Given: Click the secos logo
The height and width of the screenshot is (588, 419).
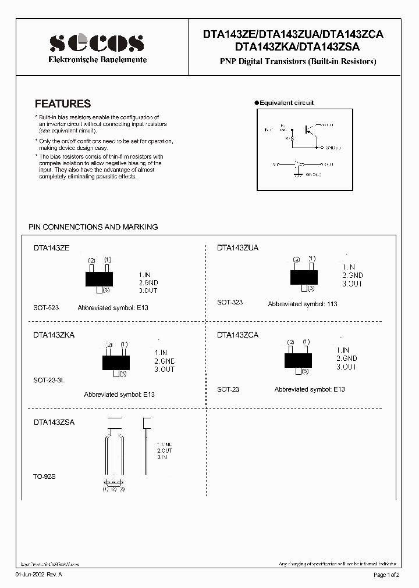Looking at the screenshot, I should coord(97,43).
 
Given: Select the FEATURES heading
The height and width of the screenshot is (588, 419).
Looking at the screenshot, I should coord(63,104).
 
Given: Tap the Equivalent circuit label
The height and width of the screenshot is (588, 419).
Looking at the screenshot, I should coord(286,103).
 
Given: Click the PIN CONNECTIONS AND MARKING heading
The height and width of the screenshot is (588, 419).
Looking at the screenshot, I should coord(93,227).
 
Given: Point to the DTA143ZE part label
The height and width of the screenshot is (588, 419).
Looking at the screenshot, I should coord(51,248).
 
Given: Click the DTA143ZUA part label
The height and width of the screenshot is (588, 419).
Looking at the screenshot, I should coord(237,248).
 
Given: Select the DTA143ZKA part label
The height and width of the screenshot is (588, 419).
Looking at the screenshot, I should coord(54,335).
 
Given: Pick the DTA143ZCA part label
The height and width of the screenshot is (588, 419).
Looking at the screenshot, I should coord(237,335).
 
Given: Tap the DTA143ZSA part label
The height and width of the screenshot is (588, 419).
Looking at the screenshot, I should coord(54,422).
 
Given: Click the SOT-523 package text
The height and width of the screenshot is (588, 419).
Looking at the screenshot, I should coord(46,307).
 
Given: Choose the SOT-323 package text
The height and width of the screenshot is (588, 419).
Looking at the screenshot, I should coord(230,302).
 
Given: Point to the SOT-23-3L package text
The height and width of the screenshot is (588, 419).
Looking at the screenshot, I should coord(49,379).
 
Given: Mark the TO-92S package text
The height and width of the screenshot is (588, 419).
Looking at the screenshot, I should coord(44,476).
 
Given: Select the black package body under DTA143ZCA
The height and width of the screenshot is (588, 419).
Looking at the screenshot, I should coord(297,360).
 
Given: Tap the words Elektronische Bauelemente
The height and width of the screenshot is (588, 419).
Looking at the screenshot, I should coord(97,60).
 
